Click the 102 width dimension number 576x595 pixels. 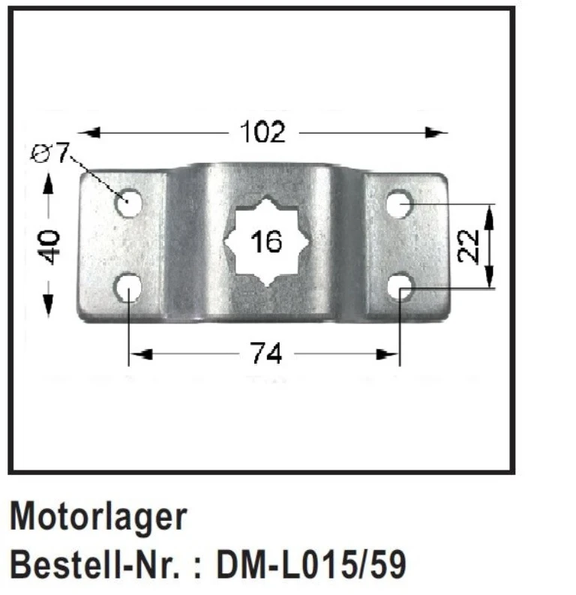click(262, 133)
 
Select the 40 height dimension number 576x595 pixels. click(49, 245)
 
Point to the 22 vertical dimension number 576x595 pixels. click(469, 246)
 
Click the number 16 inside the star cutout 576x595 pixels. click(266, 242)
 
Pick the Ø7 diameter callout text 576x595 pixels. click(50, 153)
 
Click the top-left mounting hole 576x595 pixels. click(130, 203)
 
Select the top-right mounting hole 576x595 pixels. click(400, 203)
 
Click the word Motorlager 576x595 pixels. click(98, 517)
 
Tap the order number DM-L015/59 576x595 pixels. click(310, 565)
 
